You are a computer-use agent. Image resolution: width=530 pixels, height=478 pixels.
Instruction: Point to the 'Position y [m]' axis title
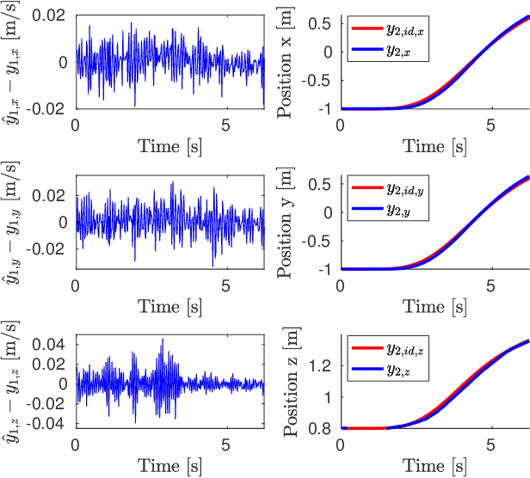click(287, 223)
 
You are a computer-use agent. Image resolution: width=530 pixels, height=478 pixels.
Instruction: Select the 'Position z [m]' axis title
click(287, 383)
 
